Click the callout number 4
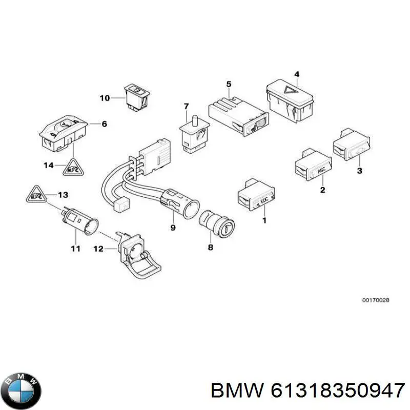(297, 75)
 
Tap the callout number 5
(229, 84)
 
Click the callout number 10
(105, 97)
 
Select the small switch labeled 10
(136, 96)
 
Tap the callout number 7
(186, 106)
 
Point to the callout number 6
(104, 124)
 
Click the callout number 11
(75, 249)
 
